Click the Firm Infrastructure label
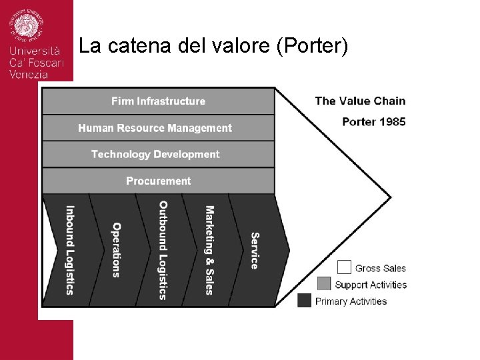[x=158, y=101]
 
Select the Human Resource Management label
[x=155, y=128]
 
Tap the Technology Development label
[x=155, y=154]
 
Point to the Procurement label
[x=158, y=181]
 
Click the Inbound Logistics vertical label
[x=69, y=249]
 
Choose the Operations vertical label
[x=116, y=249]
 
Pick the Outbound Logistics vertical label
[x=163, y=250]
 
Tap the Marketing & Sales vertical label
[x=209, y=250]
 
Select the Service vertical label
[x=255, y=251]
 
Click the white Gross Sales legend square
[x=344, y=267]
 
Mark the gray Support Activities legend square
[x=324, y=283]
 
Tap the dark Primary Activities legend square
[x=305, y=301]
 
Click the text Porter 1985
[x=373, y=121]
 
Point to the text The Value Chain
[x=360, y=101]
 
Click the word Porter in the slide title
[x=313, y=47]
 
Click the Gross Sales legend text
[x=380, y=268]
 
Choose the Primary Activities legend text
[x=351, y=301]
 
